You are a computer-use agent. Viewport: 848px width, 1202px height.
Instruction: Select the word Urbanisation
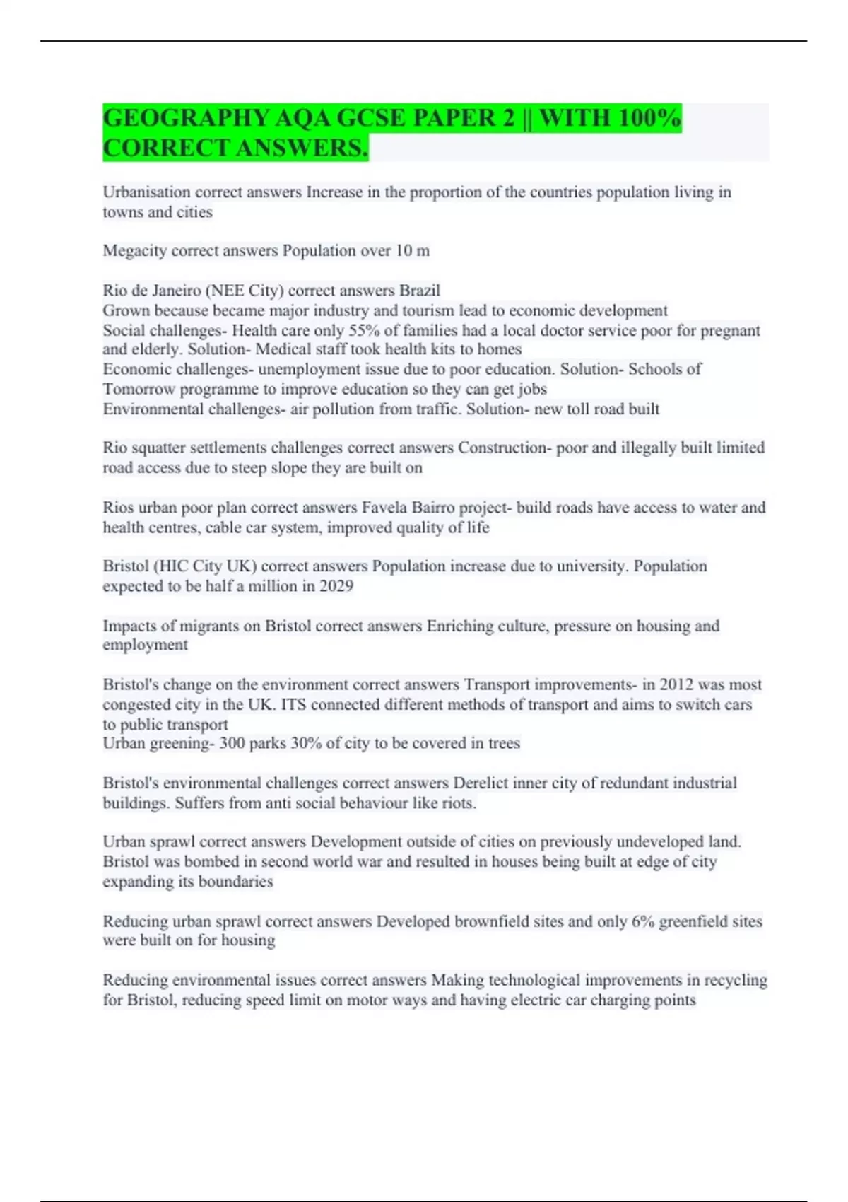(146, 192)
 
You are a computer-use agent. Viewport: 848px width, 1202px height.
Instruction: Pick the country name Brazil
(420, 291)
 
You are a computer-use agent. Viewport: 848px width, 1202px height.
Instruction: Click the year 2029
(336, 586)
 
